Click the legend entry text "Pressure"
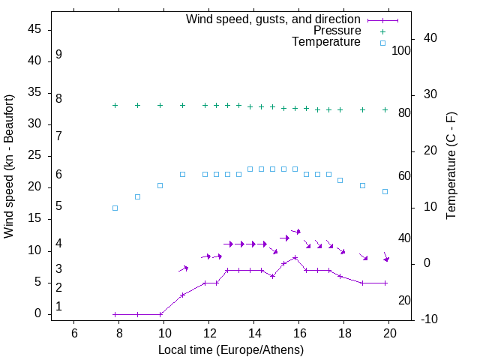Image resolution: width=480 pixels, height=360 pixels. tap(337, 31)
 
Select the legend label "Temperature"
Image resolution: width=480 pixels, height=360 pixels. tap(326, 43)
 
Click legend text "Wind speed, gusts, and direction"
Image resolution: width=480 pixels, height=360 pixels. tap(274, 19)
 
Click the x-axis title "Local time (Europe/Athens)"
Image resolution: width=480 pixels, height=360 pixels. tap(231, 350)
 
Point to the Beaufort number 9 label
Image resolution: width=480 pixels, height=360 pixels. tap(58, 55)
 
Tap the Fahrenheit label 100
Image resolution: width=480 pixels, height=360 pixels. tap(401, 50)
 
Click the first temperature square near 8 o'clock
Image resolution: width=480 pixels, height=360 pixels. tap(115, 208)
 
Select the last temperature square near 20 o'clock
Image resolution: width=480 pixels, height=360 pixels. tap(385, 191)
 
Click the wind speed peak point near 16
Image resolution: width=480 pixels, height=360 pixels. tap(295, 257)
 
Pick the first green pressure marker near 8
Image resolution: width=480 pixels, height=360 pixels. tap(115, 106)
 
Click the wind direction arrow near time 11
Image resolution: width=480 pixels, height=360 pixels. tap(184, 268)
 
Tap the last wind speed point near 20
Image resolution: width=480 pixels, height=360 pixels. tap(385, 283)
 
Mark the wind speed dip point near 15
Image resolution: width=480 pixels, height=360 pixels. tap(273, 276)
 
